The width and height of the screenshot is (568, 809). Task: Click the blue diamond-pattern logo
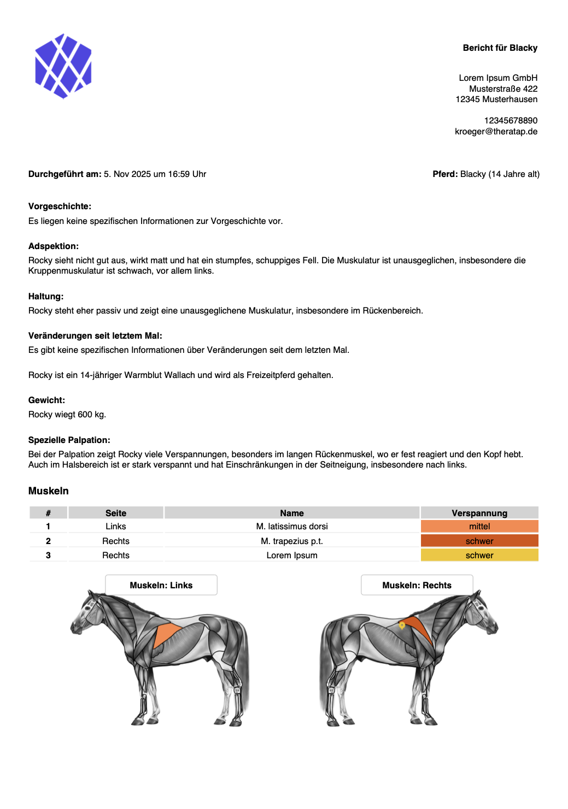click(x=63, y=66)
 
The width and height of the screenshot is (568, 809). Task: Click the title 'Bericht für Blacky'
click(x=500, y=48)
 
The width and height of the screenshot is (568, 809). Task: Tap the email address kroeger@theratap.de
click(x=496, y=132)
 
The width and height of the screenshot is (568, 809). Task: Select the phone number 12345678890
click(x=511, y=121)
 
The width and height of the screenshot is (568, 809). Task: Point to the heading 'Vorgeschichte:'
click(x=60, y=206)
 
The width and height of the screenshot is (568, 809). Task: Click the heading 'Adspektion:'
click(x=54, y=246)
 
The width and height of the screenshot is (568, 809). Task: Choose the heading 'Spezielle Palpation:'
click(x=69, y=440)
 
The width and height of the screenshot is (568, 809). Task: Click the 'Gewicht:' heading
click(x=46, y=400)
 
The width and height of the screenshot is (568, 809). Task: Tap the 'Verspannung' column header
click(x=479, y=513)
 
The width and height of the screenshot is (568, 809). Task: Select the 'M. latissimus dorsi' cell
click(x=292, y=527)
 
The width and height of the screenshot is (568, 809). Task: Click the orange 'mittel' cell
click(x=479, y=527)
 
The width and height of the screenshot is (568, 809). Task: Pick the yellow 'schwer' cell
click(x=479, y=556)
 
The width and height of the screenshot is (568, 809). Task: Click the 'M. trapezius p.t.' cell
click(x=292, y=541)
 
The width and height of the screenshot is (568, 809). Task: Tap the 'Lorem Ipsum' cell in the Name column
click(x=292, y=556)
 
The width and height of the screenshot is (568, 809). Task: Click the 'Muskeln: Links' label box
click(x=161, y=585)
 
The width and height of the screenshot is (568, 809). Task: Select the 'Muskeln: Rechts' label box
click(x=417, y=585)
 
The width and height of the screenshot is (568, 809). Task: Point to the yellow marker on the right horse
click(x=402, y=625)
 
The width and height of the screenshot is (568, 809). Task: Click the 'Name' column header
click(x=292, y=513)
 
